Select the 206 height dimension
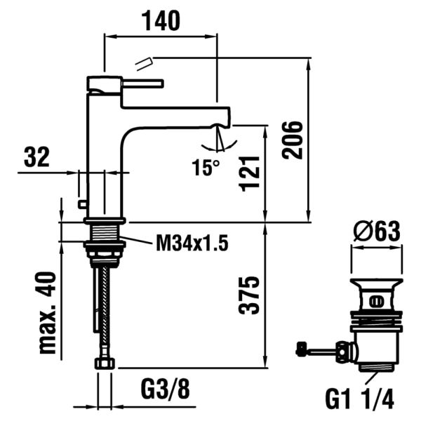click(295, 140)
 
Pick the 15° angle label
click(206, 168)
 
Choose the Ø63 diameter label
click(377, 230)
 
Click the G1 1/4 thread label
click(360, 400)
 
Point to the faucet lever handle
click(140, 84)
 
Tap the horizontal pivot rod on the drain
click(321, 349)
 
